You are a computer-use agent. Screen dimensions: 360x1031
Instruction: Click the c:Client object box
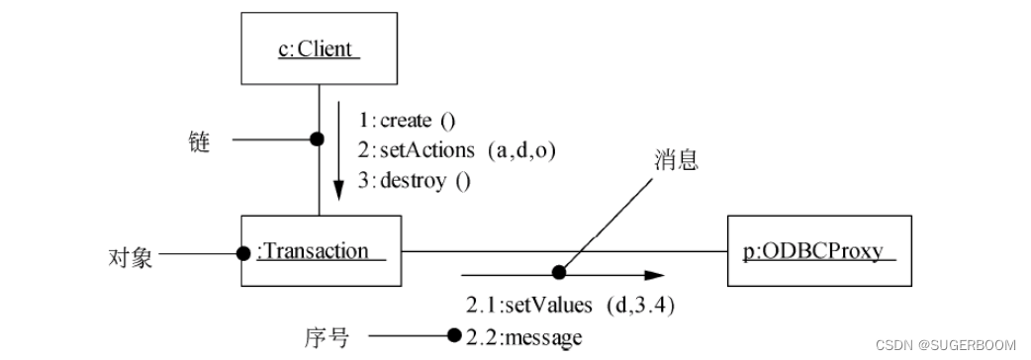pyautogui.click(x=318, y=46)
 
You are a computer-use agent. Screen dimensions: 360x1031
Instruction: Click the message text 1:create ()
pyautogui.click(x=407, y=121)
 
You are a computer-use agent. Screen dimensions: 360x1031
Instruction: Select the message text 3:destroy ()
pyautogui.click(x=415, y=180)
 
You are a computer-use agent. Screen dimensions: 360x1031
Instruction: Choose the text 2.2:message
pyautogui.click(x=523, y=337)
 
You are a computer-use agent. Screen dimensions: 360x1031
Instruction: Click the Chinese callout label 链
pyautogui.click(x=199, y=142)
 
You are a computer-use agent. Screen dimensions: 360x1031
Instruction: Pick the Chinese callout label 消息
pyautogui.click(x=676, y=159)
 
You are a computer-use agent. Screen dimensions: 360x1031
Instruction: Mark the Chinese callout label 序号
pyautogui.click(x=325, y=338)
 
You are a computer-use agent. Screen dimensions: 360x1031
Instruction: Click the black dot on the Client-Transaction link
pyautogui.click(x=318, y=139)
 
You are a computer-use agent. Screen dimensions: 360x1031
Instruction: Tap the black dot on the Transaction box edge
pyautogui.click(x=243, y=253)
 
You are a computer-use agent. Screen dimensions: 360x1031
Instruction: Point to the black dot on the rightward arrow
pyautogui.click(x=559, y=272)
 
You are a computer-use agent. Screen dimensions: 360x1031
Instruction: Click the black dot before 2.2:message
pyautogui.click(x=454, y=336)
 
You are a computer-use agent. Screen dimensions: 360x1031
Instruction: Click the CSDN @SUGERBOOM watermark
pyautogui.click(x=947, y=344)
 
